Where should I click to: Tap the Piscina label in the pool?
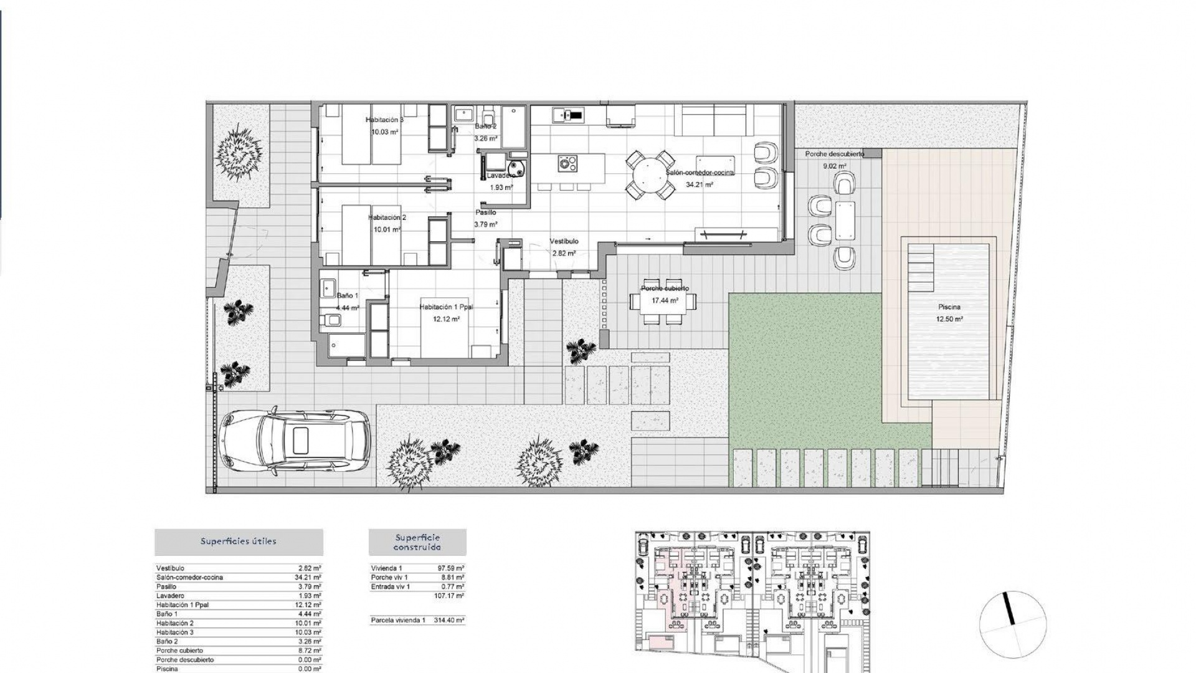point(949,307)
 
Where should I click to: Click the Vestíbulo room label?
point(564,241)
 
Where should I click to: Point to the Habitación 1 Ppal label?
point(446,307)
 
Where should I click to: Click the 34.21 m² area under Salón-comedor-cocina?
point(700,184)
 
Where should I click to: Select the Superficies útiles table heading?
point(239,542)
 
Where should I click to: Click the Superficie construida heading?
point(417,542)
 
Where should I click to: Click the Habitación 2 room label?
point(387,217)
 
